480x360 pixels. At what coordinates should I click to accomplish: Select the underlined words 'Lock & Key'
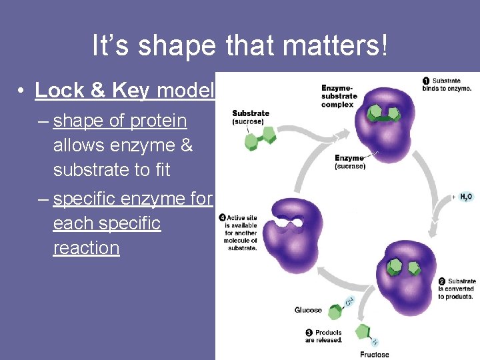(93, 91)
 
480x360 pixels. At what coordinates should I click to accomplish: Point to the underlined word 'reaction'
(87, 248)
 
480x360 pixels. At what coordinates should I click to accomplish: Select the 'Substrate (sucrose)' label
(251, 117)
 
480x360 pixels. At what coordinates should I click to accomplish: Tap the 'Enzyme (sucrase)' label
(350, 162)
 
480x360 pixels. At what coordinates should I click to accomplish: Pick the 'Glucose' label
(308, 310)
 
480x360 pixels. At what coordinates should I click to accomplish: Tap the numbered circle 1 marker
(426, 81)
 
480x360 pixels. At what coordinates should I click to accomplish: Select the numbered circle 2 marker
(442, 282)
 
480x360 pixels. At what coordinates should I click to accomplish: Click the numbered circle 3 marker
(309, 333)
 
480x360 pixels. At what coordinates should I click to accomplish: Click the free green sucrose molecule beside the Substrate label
(261, 137)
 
